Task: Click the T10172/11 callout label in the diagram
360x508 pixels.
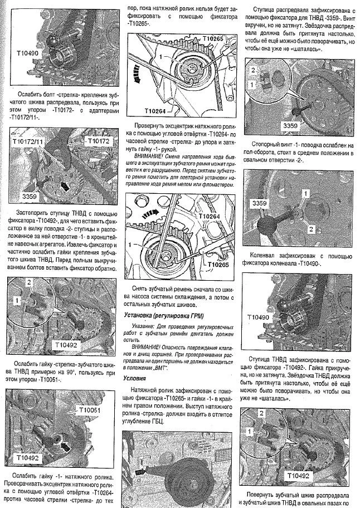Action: click(x=28, y=143)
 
